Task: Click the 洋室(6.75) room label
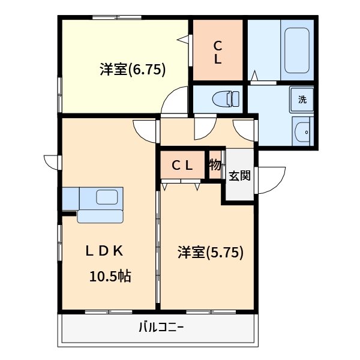click(133, 70)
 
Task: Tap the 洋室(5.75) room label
click(210, 253)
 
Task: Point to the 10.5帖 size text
click(110, 277)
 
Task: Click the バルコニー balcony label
click(161, 328)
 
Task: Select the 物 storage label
click(215, 164)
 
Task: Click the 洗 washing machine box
click(302, 100)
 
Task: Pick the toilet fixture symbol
click(223, 98)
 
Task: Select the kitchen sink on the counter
click(107, 196)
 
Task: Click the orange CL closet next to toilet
click(217, 52)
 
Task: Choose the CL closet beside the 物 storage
click(182, 166)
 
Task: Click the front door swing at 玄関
click(270, 179)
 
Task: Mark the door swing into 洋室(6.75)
click(176, 101)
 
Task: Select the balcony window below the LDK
click(109, 311)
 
